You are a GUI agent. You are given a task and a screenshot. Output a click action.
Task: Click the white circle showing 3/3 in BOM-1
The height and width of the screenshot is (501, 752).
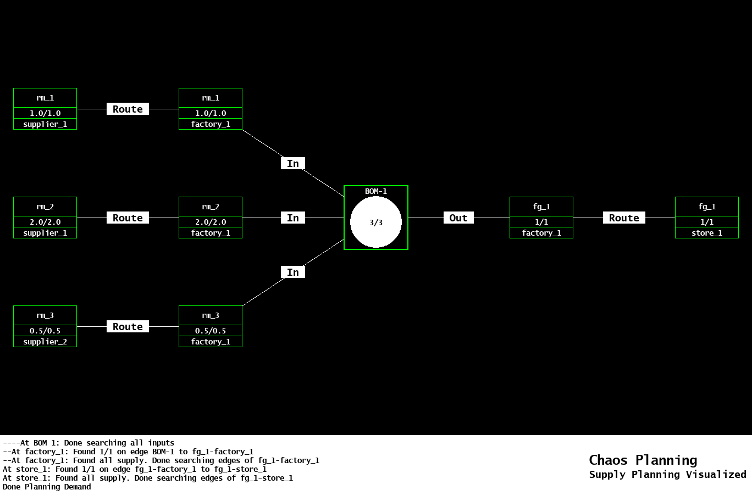[x=376, y=222]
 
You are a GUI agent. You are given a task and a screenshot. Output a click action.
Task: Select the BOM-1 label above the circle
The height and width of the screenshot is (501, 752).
[x=376, y=191]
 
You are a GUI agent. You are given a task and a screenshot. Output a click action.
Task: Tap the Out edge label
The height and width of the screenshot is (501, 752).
[x=458, y=218]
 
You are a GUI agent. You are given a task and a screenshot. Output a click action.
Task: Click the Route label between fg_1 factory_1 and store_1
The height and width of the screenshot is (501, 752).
[x=624, y=218]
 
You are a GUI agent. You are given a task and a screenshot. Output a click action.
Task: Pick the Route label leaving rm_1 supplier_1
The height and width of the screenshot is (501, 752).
[x=128, y=109]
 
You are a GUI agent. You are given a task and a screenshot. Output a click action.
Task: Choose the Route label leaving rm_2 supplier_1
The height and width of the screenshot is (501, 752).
[x=128, y=218]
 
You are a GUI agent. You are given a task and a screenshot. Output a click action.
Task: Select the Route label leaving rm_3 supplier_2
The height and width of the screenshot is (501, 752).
[x=128, y=327]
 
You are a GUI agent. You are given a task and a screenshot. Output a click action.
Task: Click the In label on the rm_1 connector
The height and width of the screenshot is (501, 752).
[x=293, y=164]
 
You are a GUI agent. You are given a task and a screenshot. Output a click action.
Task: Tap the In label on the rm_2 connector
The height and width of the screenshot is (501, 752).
[x=293, y=218]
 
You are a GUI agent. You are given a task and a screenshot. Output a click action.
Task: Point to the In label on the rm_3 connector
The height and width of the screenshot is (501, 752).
[x=293, y=272]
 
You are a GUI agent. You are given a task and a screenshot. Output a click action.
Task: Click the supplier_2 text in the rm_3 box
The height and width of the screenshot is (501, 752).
[x=45, y=342]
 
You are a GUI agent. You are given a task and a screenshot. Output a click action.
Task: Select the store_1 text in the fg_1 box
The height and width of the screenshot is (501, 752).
[x=707, y=233]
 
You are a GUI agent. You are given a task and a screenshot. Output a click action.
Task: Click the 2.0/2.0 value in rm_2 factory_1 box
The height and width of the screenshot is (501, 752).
[x=211, y=222]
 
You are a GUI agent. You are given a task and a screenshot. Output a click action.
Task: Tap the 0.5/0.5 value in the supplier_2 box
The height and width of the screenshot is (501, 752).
[x=45, y=331]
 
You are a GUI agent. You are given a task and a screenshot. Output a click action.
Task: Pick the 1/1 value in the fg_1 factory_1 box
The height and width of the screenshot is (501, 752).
[x=541, y=222]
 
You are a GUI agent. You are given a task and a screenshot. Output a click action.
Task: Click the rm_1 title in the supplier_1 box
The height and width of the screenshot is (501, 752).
[x=45, y=98]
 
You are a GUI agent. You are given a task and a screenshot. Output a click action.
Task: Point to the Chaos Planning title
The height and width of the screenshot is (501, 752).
[x=643, y=460]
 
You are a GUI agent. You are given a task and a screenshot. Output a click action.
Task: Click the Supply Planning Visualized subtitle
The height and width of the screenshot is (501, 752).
[x=667, y=475]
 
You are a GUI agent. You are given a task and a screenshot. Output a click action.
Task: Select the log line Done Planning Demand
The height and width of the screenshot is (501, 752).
[x=47, y=487]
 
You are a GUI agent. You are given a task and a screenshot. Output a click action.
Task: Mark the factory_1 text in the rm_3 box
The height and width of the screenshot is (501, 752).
[x=211, y=342]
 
